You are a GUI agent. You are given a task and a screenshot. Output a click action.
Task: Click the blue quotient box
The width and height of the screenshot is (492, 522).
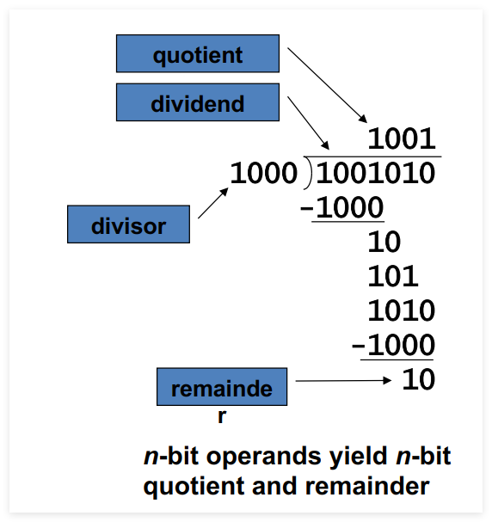[198, 53]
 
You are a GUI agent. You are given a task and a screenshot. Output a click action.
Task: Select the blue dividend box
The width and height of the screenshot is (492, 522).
[198, 102]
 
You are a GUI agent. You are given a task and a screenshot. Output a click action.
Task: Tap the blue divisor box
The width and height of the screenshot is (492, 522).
[128, 224]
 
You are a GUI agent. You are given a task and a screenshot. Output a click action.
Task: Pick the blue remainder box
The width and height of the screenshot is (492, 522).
[222, 386]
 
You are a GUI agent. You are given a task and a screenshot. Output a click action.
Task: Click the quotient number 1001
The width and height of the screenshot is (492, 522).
[402, 138]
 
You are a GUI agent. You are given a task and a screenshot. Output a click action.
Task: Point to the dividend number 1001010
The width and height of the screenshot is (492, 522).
[376, 173]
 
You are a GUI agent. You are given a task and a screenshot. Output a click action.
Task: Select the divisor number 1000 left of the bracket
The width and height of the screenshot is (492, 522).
[264, 173]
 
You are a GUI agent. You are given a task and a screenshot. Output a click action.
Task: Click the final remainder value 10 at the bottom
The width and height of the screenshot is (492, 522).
[418, 379]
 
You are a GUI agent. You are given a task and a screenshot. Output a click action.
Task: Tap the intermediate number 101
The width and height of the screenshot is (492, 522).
[393, 276]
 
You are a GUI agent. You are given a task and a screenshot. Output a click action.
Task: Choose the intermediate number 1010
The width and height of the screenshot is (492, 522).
[402, 310]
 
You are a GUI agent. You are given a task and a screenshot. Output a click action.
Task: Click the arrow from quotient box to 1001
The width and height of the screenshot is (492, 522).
[327, 85]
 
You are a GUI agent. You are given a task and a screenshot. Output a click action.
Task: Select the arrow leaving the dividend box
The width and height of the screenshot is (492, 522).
[308, 123]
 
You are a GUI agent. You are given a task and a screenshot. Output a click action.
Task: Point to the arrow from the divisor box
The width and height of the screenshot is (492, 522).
[213, 203]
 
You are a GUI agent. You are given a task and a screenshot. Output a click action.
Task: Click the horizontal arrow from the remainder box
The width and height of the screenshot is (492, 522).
[343, 380]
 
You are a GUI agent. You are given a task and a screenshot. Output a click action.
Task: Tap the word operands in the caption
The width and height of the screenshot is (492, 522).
[264, 457]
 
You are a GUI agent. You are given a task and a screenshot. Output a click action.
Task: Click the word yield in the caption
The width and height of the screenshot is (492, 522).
[358, 456]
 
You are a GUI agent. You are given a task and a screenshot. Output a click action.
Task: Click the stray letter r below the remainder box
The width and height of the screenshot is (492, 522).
[222, 417]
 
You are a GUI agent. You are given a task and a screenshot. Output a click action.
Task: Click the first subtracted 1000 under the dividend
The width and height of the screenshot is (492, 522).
[349, 207]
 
